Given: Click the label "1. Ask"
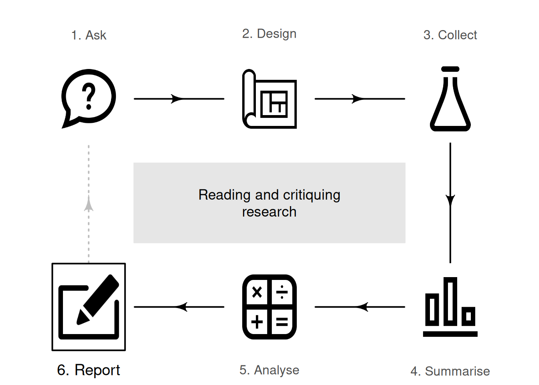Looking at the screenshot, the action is pos(89,35).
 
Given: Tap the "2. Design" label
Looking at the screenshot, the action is pos(269,34).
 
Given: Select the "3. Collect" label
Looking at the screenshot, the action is pos(450,35).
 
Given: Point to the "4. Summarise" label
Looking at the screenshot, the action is pos(450,371).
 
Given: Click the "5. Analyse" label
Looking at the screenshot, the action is pos(269,370).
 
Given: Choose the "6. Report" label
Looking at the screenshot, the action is pos(89,370).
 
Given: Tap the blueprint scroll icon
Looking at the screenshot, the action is pos(269,99).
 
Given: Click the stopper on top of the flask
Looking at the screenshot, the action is pos(450,69).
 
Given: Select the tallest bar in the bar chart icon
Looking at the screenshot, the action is pos(450,302).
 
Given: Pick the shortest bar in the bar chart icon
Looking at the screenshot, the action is pos(468,316).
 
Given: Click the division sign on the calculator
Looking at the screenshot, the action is pos(282,292).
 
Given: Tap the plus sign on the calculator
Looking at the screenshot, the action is pos(257,322).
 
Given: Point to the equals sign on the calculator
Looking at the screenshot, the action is pos(282,322).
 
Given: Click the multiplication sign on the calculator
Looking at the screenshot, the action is pos(257,292).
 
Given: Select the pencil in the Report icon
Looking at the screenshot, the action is pos(98,300).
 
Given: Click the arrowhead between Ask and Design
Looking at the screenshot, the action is pos(177,99).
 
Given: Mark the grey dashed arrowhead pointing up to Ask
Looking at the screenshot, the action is pos(89,204).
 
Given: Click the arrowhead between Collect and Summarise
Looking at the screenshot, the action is pos(450,201).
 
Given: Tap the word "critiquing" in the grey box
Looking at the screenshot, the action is pos(312,195).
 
